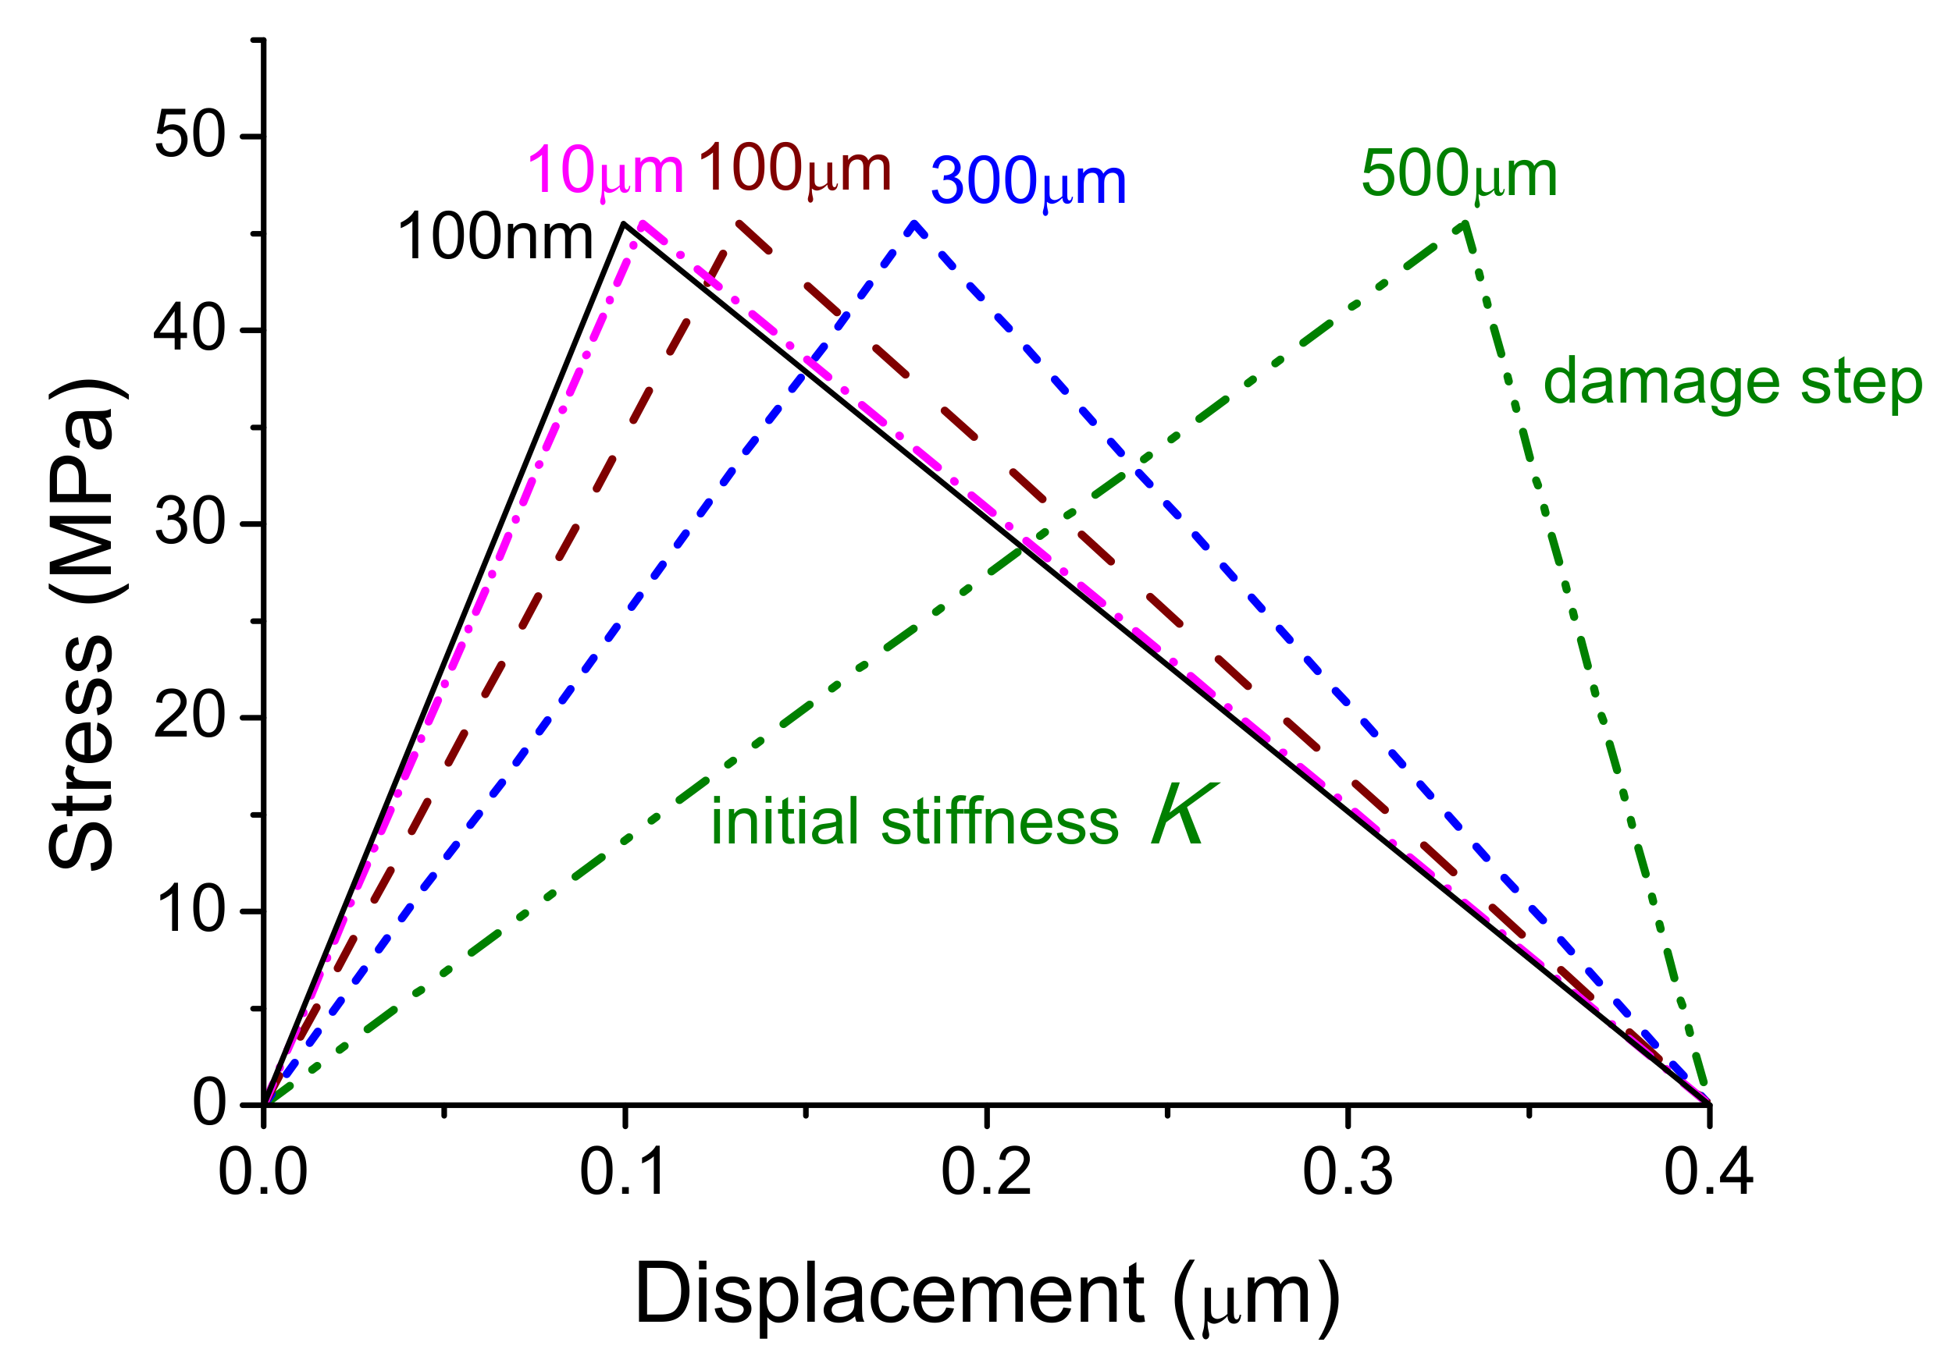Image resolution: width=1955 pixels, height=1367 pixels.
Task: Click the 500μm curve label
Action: tap(1458, 176)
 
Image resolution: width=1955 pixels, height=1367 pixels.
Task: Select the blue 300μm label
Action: tap(1027, 182)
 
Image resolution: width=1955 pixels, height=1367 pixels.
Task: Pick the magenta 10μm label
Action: tap(605, 170)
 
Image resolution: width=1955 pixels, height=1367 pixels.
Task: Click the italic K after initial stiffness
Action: tap(1184, 815)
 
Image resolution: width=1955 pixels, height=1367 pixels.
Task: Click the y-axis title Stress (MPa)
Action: tap(82, 626)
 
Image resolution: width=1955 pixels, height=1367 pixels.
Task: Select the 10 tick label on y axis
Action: tap(190, 910)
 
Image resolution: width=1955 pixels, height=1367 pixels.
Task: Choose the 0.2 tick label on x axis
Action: tap(986, 1173)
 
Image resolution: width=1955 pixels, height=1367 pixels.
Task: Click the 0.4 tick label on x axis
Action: tap(1708, 1173)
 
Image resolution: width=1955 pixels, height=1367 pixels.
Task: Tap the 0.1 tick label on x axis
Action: tap(624, 1173)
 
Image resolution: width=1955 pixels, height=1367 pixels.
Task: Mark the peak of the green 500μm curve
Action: tap(1465, 224)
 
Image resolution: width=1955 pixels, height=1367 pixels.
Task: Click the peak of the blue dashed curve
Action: tap(913, 225)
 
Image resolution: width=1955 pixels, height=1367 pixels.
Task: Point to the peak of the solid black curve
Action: tap(624, 223)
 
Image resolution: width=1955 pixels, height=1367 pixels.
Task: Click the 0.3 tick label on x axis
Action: tap(1347, 1173)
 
